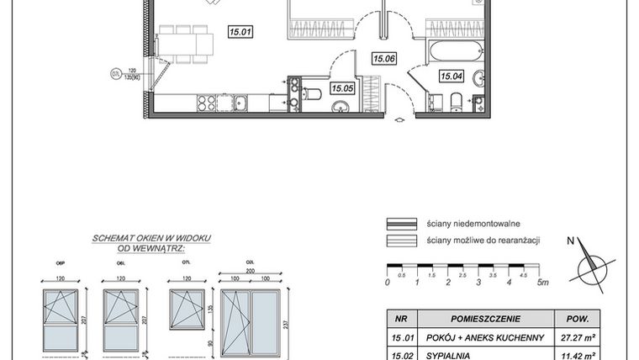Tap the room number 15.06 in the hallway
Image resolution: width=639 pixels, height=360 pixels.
pos(384,58)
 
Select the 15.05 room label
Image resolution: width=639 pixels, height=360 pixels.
pos(341,87)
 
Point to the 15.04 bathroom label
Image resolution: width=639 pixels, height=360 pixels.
pos(452,76)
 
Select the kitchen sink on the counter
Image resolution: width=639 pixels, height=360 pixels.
pos(240,103)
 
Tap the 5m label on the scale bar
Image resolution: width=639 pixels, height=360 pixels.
pos(542,283)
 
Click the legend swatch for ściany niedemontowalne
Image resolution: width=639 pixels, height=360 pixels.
pos(402,224)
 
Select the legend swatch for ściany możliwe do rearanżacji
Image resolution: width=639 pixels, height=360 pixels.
pos(402,241)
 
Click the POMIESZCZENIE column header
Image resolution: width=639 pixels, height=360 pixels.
pos(485,320)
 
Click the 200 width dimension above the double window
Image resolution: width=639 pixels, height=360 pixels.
pos(250,271)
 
